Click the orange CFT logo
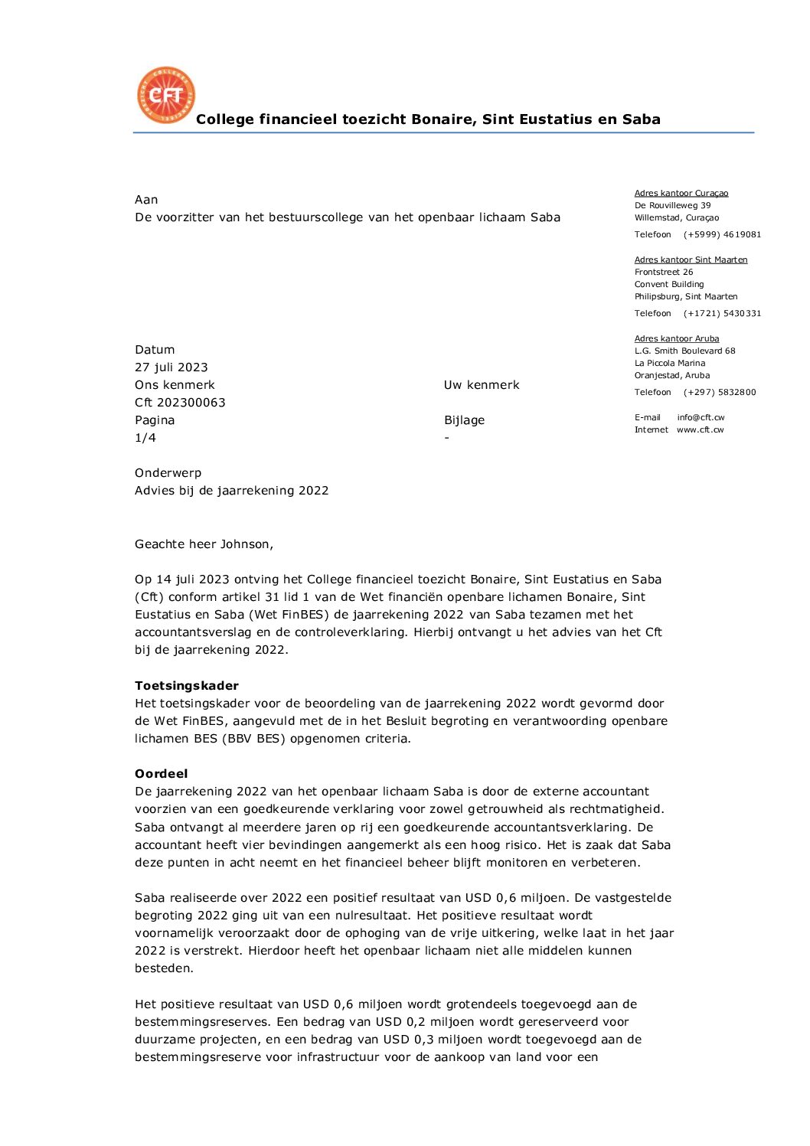click(165, 95)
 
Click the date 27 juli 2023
click(171, 367)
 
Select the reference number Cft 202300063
click(180, 403)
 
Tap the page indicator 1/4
click(145, 438)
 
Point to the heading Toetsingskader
click(187, 686)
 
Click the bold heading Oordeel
click(161, 774)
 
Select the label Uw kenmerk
click(482, 385)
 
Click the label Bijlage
click(464, 420)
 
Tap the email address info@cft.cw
click(701, 417)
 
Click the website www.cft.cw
click(700, 429)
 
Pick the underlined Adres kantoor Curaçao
click(681, 193)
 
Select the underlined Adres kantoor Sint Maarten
click(691, 260)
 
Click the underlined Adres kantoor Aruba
click(677, 338)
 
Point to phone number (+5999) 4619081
click(722, 234)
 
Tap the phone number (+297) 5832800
click(720, 392)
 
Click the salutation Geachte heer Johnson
click(204, 544)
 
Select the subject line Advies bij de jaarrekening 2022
click(231, 491)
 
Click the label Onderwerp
click(168, 473)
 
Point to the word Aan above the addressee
click(146, 200)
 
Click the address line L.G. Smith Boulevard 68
click(684, 351)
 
